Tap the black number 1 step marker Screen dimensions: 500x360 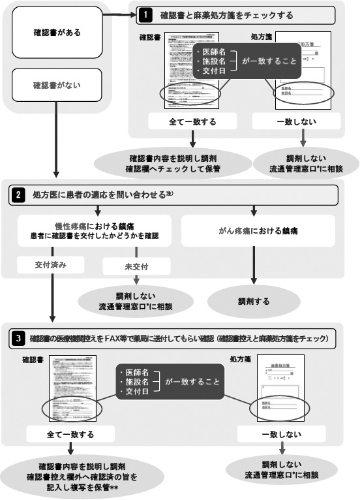(147, 14)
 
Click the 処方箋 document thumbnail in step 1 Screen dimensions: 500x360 (303, 69)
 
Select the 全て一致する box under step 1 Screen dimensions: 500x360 (193, 121)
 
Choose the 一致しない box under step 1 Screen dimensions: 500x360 (303, 121)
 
